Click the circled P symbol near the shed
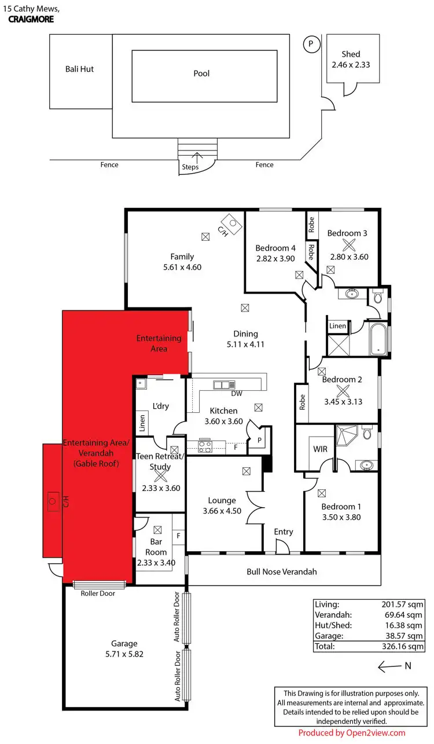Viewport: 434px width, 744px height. coord(311,44)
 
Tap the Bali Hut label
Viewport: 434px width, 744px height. coord(79,69)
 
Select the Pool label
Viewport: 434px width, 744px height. coord(201,74)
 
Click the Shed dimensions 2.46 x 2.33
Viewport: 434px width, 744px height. coord(351,65)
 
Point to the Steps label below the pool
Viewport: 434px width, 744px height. coord(190,167)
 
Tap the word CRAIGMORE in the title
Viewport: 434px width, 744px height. coord(31,19)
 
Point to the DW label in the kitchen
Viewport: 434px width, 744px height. coord(236,394)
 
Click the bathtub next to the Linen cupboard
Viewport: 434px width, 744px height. coord(378,339)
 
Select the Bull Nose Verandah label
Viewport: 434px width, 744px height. coord(282,571)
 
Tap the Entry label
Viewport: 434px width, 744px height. coord(284,532)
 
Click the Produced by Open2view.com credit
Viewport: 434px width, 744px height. coord(352,733)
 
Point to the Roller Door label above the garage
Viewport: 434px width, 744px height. coord(98,593)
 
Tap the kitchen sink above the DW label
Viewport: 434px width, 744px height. coord(223,384)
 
